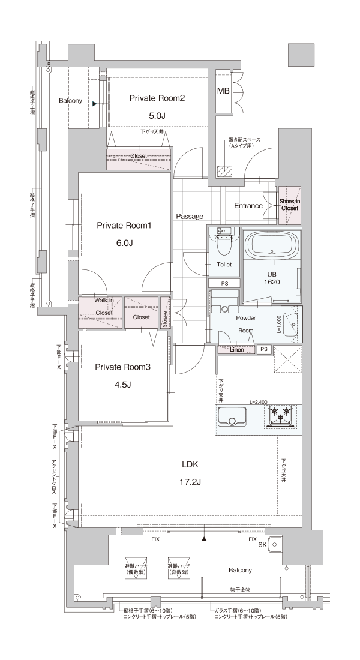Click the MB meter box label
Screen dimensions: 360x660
pos(223,91)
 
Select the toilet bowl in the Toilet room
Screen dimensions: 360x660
pos(223,245)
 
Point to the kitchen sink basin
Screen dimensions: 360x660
pos(232,417)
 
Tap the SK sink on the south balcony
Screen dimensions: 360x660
pos(274,544)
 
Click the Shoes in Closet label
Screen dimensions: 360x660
pos(290,205)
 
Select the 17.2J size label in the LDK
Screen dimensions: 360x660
pos(191,482)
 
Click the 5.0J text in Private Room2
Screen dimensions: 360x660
pos(157,115)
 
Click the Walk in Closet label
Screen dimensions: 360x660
pos(104,307)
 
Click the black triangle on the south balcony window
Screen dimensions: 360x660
pos(204,538)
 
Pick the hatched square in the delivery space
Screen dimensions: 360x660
pos(224,170)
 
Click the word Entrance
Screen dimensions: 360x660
pos(248,206)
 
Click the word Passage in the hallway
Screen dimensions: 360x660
pos(190,217)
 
